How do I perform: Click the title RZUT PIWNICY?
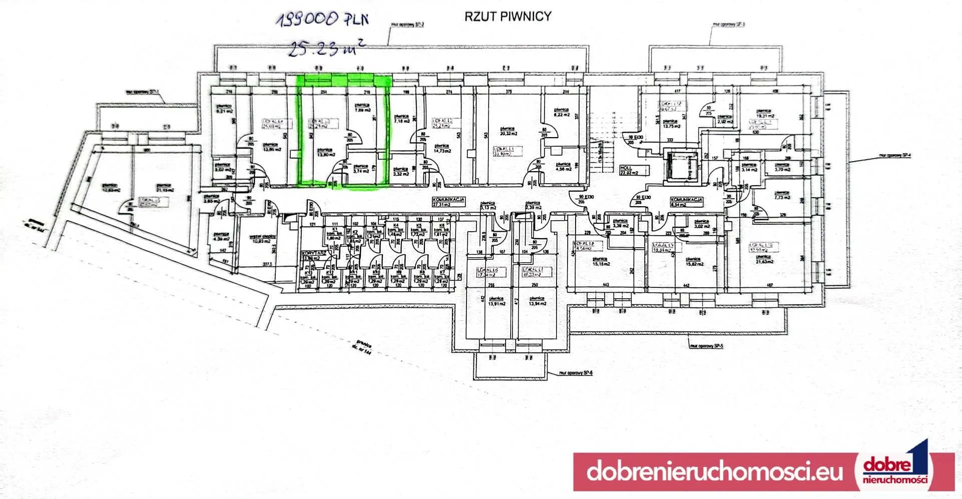[508, 17]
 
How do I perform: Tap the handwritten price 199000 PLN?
[323, 20]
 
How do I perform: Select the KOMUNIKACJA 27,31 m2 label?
[448, 202]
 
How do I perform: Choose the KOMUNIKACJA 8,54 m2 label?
[686, 202]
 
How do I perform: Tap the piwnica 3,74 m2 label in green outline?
[361, 169]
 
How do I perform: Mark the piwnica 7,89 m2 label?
[362, 108]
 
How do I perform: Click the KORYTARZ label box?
[314, 256]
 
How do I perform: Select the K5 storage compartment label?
[418, 230]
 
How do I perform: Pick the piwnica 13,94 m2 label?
[537, 301]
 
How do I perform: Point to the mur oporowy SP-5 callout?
[706, 346]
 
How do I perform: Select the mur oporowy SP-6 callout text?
[576, 373]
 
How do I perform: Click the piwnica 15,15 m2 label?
[600, 262]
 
